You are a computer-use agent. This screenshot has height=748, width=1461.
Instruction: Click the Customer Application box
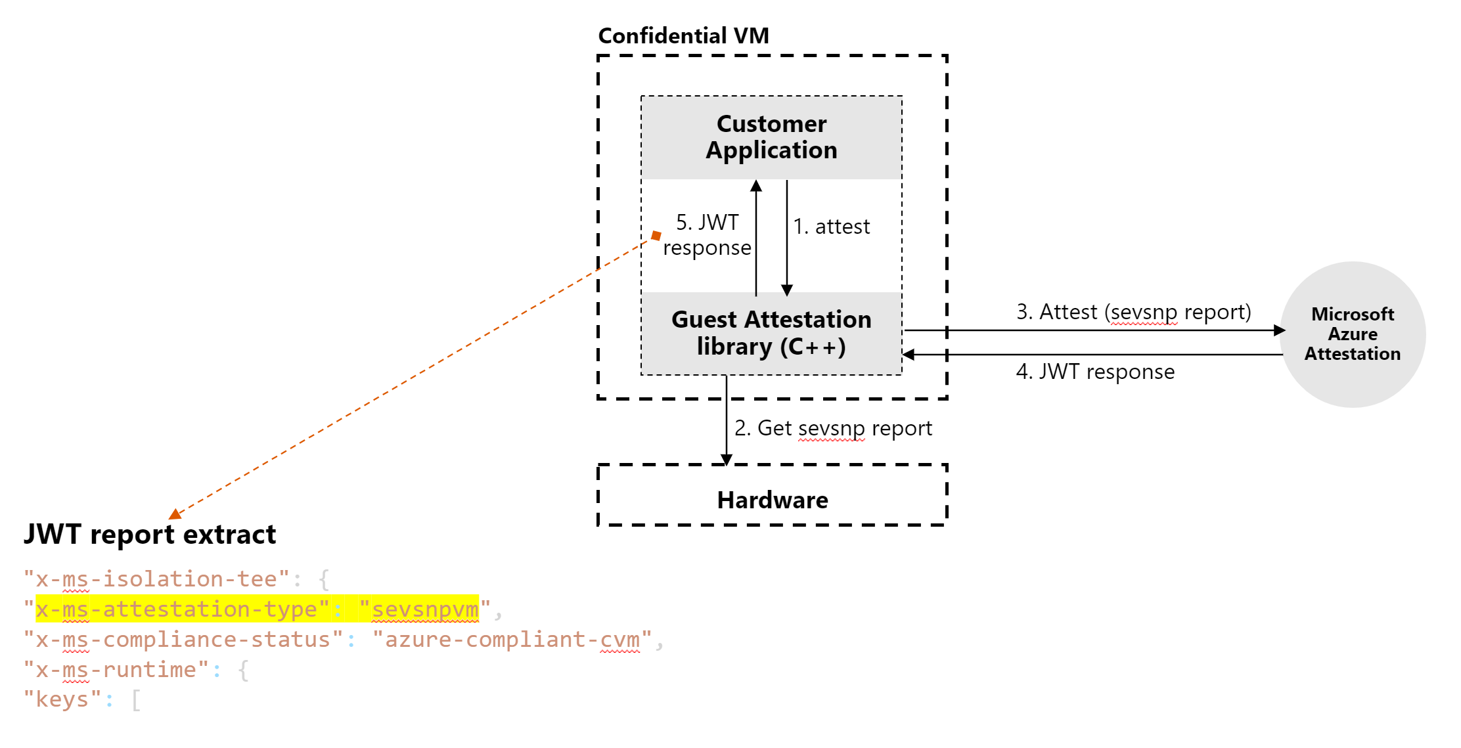click(x=771, y=137)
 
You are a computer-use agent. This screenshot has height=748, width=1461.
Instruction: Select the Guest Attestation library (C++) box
click(x=771, y=333)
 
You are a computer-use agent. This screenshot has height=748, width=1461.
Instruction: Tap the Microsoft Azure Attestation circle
click(x=1352, y=334)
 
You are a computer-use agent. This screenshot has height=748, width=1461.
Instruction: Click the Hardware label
click(x=773, y=500)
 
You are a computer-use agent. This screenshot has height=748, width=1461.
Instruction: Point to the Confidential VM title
click(x=683, y=35)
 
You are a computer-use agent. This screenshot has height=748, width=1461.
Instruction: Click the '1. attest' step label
click(x=831, y=227)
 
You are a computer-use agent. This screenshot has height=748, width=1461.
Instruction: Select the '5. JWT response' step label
click(x=707, y=235)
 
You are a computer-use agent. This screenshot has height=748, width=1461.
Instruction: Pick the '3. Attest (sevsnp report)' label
click(x=1133, y=312)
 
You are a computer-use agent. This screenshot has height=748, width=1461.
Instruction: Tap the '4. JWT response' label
click(x=1095, y=372)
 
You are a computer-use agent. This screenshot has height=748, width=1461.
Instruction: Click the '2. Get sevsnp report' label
click(x=833, y=428)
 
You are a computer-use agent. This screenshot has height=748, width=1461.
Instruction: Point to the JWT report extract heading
click(x=150, y=535)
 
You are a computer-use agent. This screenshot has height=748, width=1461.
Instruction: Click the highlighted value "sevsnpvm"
click(x=425, y=609)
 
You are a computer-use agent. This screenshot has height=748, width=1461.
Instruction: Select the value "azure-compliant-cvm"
click(x=512, y=640)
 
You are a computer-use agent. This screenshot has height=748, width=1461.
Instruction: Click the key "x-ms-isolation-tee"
click(x=156, y=579)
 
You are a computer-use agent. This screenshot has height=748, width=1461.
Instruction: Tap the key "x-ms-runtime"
click(x=116, y=670)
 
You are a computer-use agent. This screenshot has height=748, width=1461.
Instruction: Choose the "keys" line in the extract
click(x=62, y=699)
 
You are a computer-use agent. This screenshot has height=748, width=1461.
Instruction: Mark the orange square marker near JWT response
click(x=656, y=235)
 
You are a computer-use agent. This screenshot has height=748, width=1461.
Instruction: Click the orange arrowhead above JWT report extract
click(x=175, y=514)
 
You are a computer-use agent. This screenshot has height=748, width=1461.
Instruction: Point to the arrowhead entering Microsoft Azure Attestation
click(x=1278, y=330)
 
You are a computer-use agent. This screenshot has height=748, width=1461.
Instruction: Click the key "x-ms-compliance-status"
click(x=183, y=640)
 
